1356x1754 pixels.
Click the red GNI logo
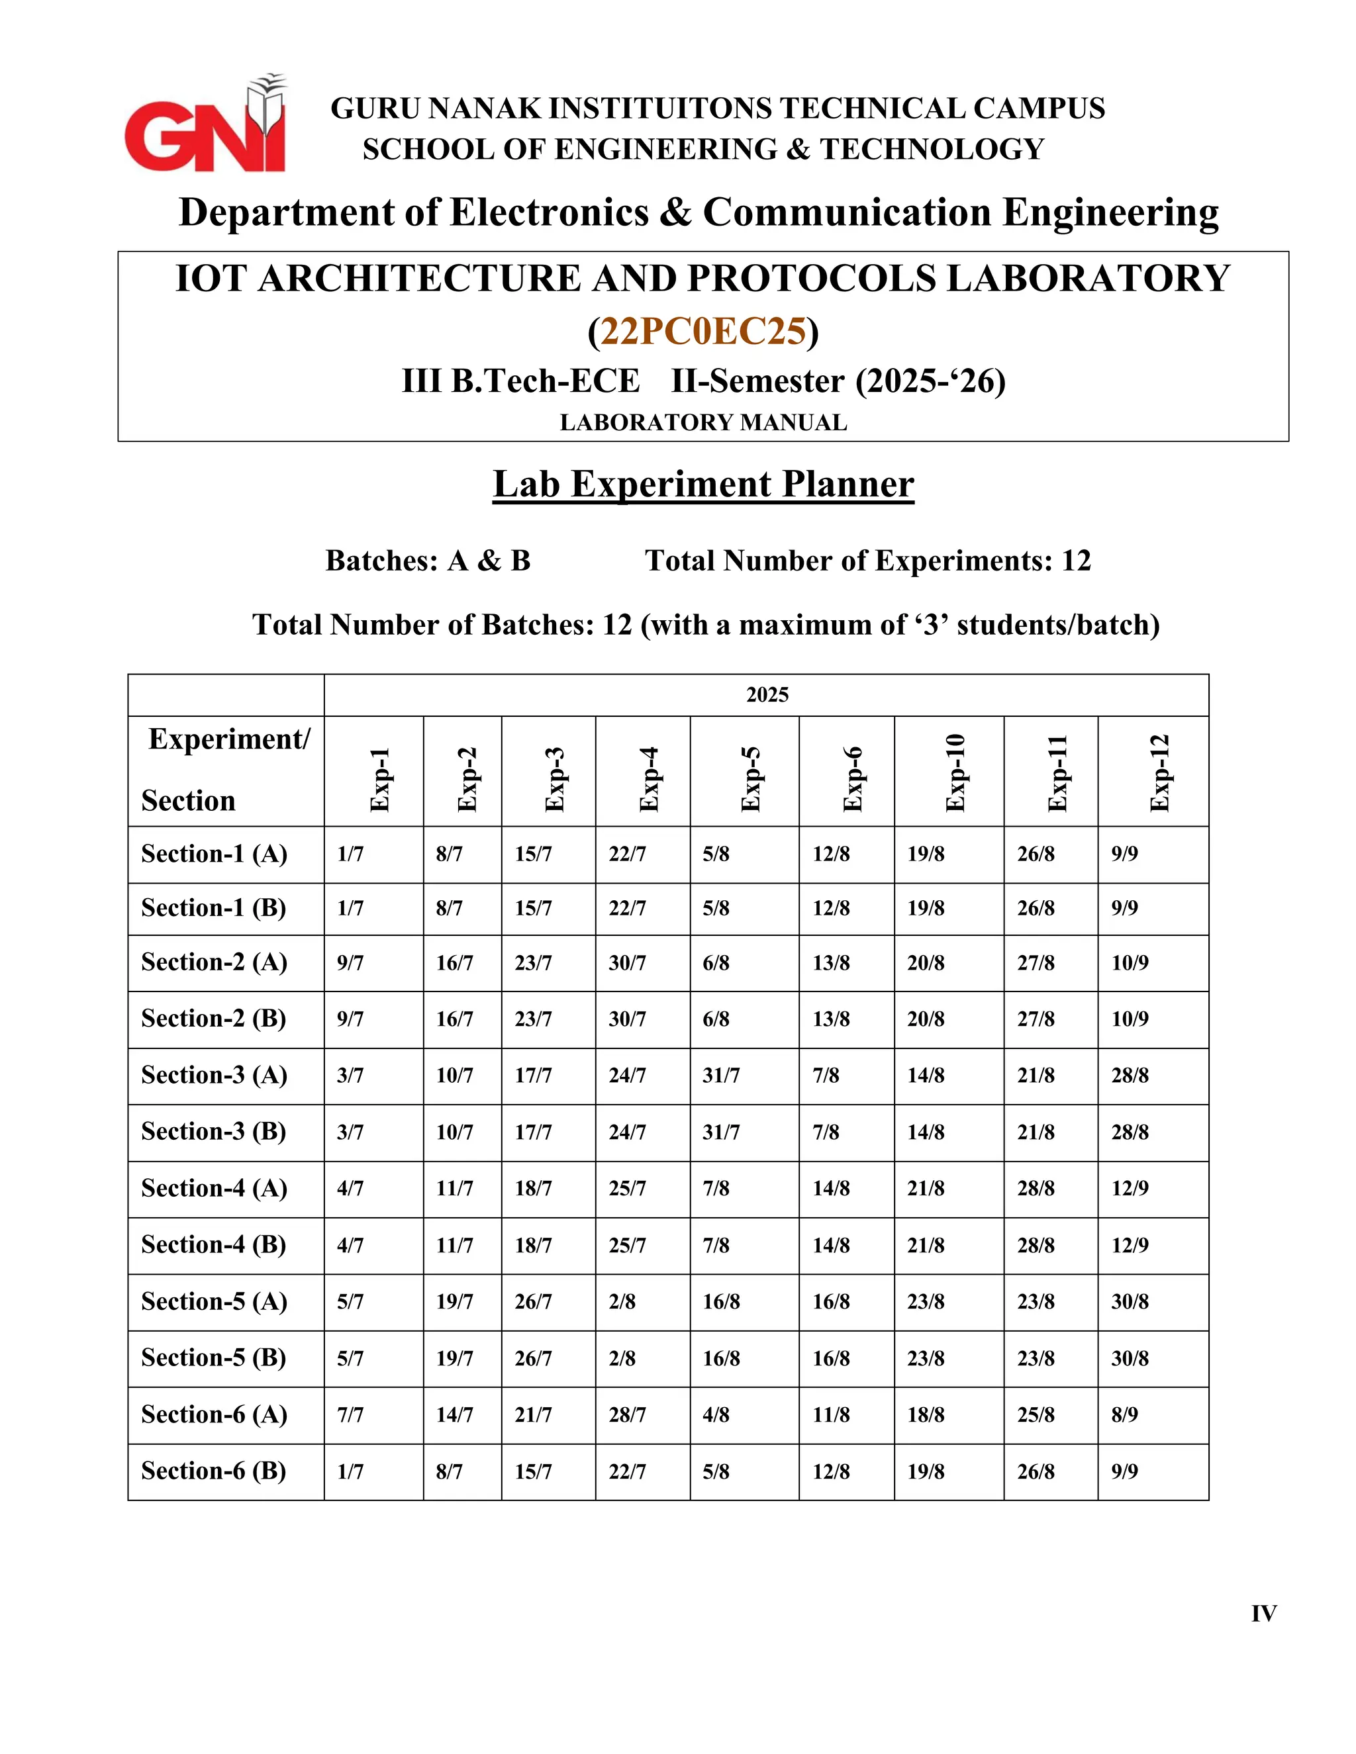pyautogui.click(x=205, y=128)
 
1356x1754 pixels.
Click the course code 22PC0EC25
pyautogui.click(x=703, y=331)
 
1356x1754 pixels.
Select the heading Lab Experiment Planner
pyautogui.click(x=703, y=485)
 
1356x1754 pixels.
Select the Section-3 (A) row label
pyautogui.click(x=214, y=1074)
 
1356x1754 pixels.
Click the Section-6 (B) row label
pyautogui.click(x=214, y=1471)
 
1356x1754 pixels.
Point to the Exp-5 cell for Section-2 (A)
pyautogui.click(x=716, y=963)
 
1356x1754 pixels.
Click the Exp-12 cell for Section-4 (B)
pyautogui.click(x=1130, y=1245)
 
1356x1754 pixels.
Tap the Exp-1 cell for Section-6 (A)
pyautogui.click(x=350, y=1415)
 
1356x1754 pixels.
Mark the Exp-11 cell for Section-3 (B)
pyautogui.click(x=1036, y=1132)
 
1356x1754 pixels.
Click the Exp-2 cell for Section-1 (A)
pyautogui.click(x=449, y=854)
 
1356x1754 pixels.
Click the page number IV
pyautogui.click(x=1263, y=1614)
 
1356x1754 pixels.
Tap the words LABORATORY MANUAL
pyautogui.click(x=703, y=422)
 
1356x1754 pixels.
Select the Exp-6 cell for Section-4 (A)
pyautogui.click(x=831, y=1189)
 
